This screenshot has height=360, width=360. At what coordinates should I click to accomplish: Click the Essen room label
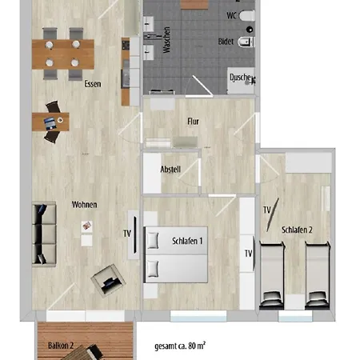pos(91,83)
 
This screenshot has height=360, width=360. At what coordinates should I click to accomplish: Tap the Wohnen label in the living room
pos(84,204)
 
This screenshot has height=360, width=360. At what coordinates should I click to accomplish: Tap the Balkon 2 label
pos(61,346)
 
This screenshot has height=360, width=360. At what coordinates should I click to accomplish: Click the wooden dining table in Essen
pos(60,53)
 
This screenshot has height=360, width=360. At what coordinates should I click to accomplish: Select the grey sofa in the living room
pos(44,234)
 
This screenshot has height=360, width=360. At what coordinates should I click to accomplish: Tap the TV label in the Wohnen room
pos(126,234)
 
